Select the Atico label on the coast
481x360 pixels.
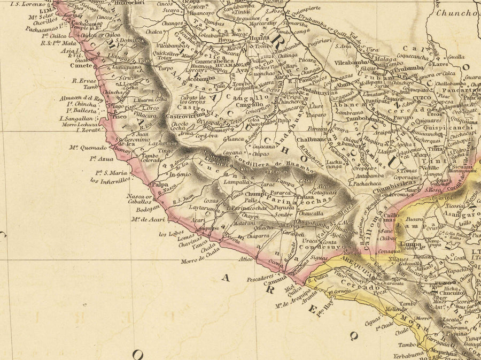[x=245, y=259]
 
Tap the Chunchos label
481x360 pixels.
[x=457, y=13]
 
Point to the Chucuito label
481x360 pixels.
[x=452, y=293]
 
